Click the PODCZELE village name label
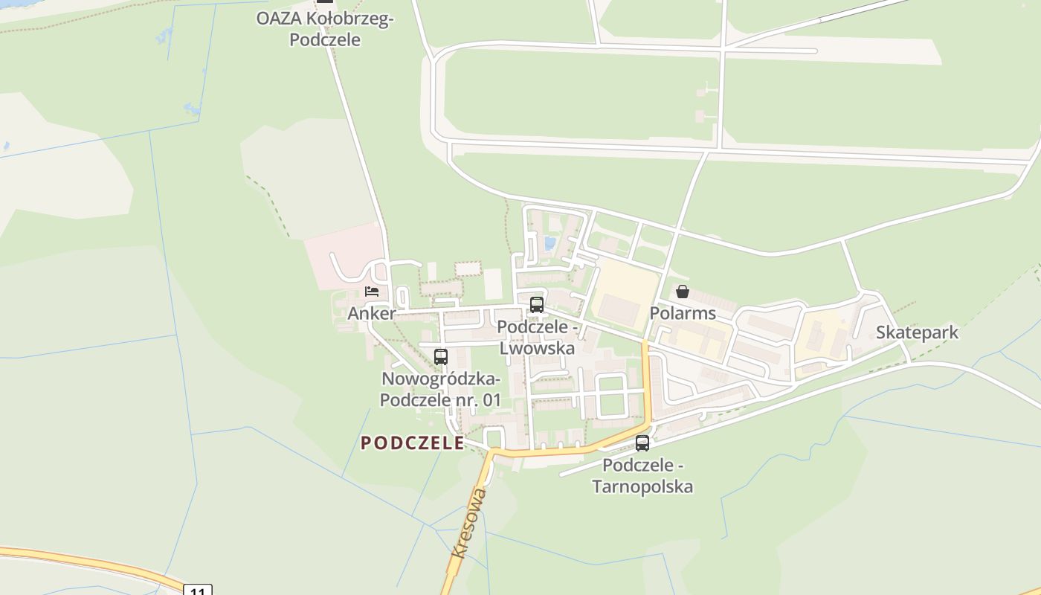[x=413, y=443]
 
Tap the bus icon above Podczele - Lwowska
[x=537, y=304]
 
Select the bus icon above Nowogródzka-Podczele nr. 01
[x=441, y=356]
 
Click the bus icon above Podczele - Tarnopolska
[x=642, y=443]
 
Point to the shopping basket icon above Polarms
[x=683, y=291]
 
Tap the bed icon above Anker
[x=372, y=291]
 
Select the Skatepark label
[x=917, y=332]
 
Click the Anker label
[x=372, y=313]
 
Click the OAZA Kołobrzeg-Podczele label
[x=325, y=29]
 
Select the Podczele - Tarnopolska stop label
[x=642, y=476]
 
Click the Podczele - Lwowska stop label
[x=537, y=337]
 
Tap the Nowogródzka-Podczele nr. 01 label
[x=441, y=389]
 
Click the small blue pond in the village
[x=549, y=242]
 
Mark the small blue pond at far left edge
[x=6, y=146]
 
